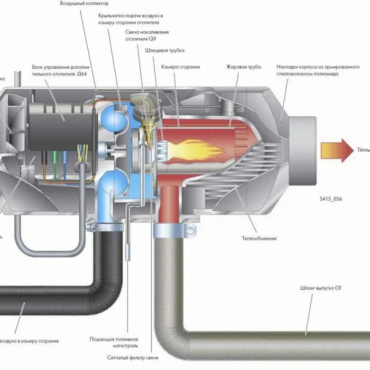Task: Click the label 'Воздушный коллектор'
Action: (81, 3)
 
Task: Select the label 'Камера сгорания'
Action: (180, 67)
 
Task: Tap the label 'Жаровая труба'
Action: (244, 67)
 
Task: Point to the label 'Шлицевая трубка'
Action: (168, 50)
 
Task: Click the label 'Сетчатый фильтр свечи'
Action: (132, 357)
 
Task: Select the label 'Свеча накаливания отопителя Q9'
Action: (147, 36)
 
